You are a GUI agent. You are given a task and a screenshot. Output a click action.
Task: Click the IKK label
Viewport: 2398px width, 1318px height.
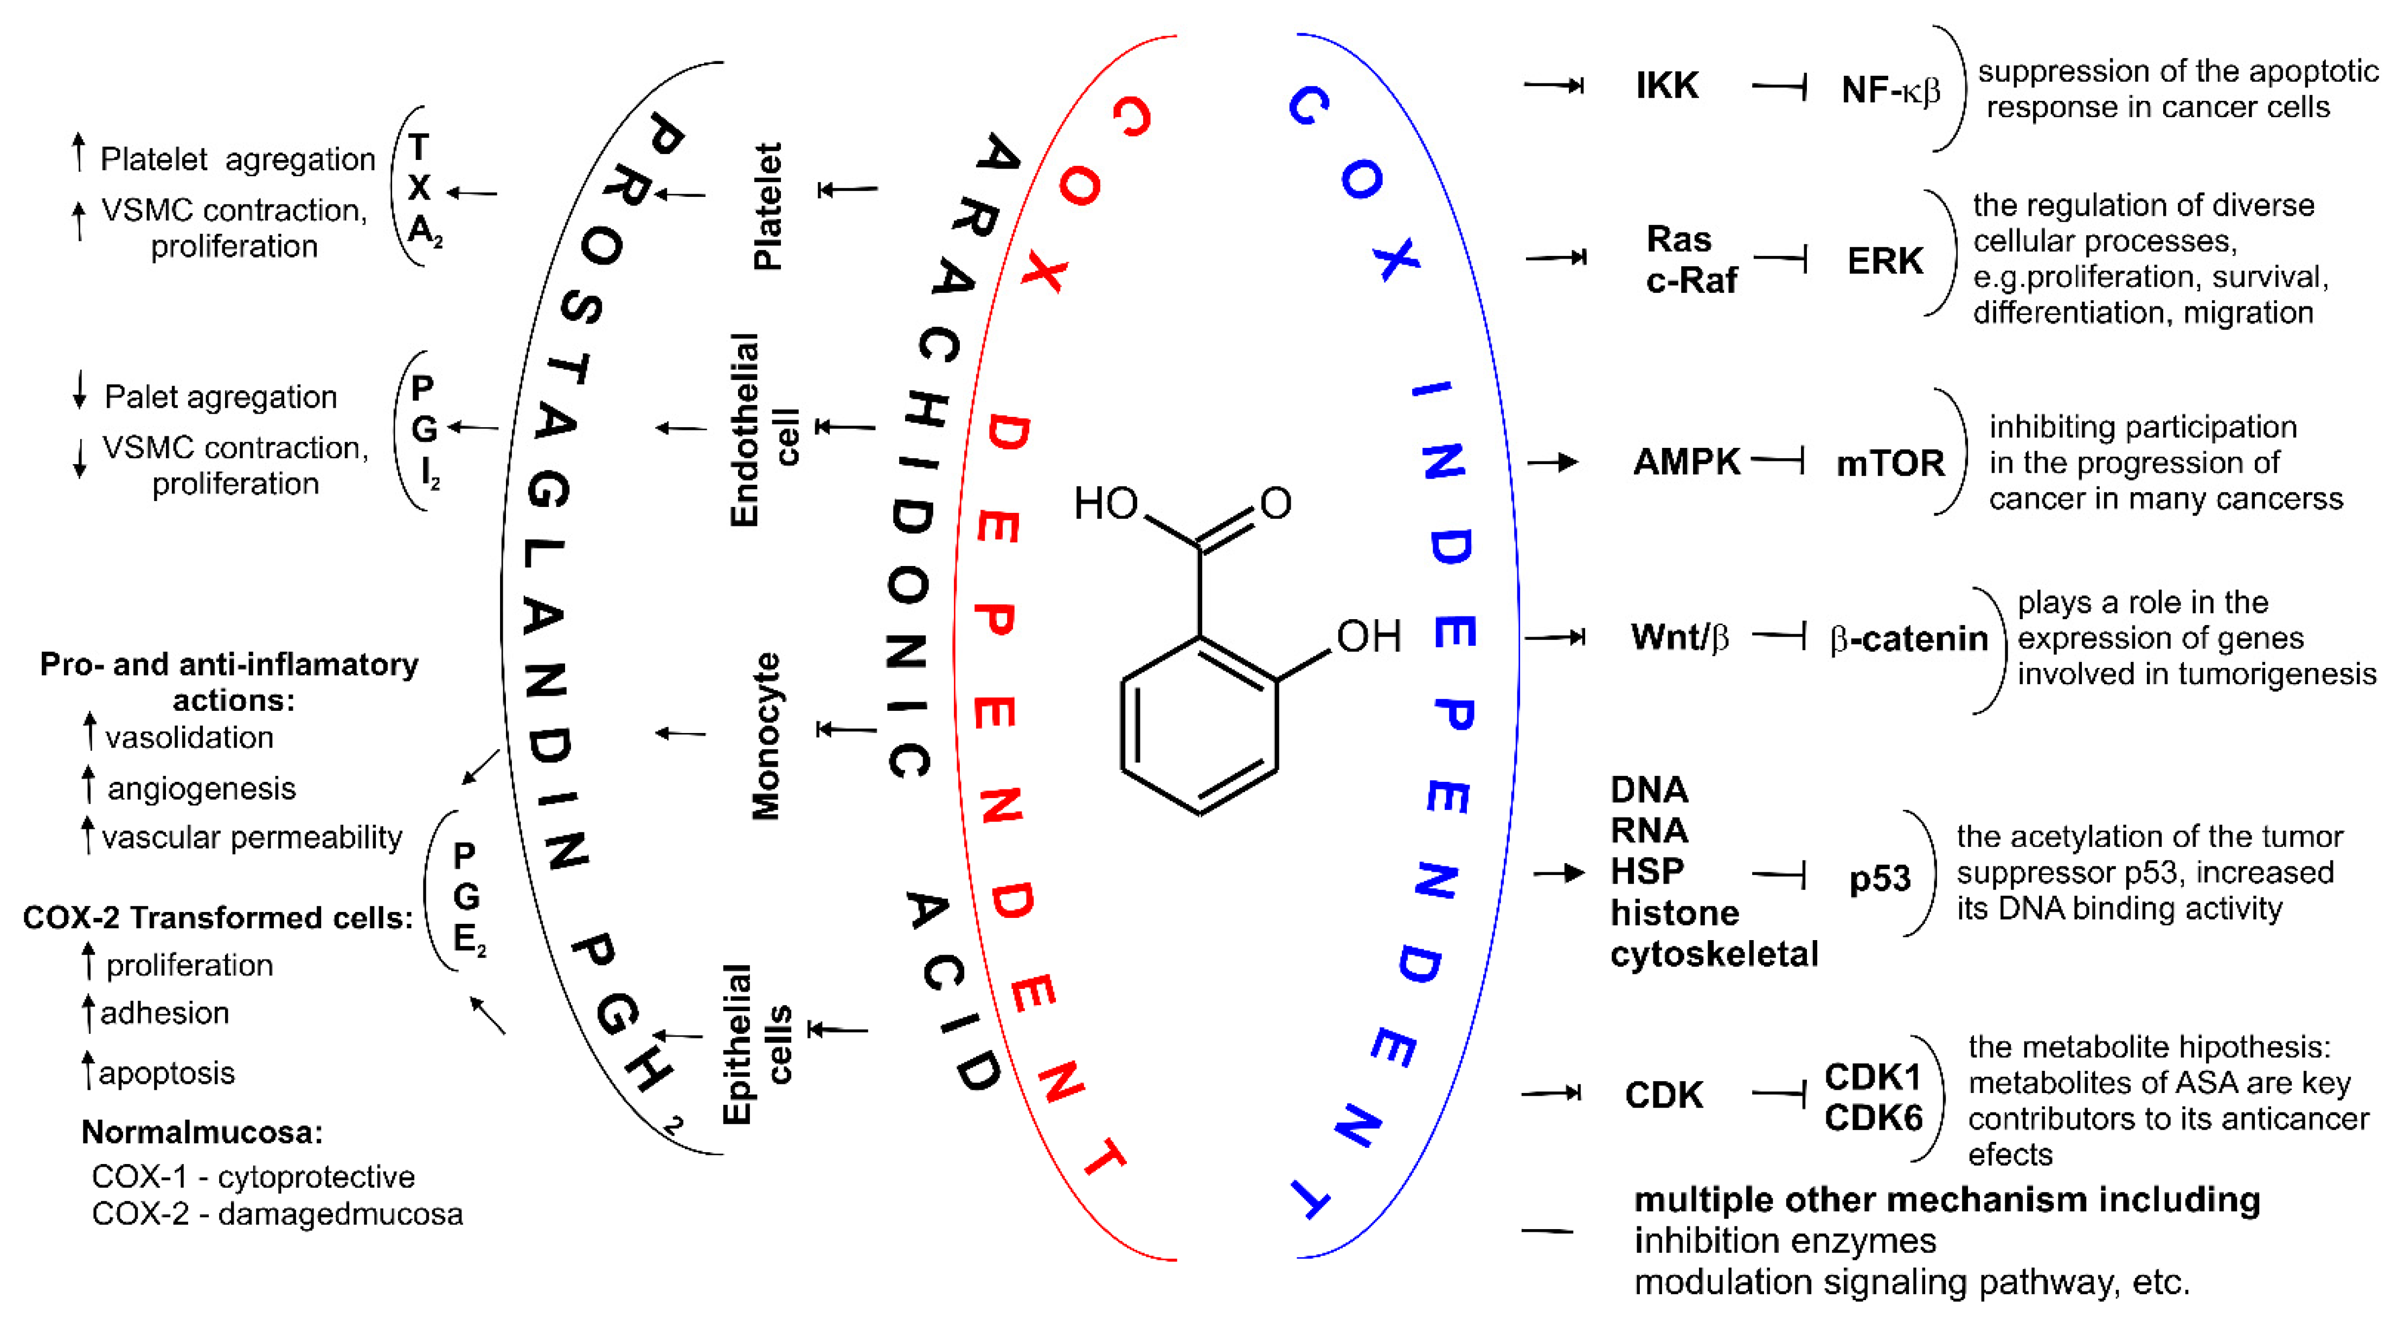coord(1666,86)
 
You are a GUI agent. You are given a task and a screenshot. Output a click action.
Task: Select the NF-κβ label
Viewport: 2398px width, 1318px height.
coord(1890,91)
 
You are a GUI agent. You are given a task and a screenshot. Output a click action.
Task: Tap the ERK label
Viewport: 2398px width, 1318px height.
coord(1884,261)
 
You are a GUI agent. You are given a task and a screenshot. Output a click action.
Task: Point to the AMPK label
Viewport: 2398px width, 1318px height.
coord(1686,462)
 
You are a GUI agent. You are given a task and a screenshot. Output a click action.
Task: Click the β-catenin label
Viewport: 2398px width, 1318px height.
coord(1908,639)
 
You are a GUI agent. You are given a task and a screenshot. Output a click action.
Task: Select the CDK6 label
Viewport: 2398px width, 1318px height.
coord(1873,1117)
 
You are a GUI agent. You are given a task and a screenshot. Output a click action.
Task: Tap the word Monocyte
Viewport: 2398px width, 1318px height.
coord(765,735)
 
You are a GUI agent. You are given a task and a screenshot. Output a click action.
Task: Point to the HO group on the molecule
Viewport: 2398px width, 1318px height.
coord(1105,504)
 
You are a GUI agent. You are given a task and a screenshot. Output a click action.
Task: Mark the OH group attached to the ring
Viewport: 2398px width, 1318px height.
coord(1368,637)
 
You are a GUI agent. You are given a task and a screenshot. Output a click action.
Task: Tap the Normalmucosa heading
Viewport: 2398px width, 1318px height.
coord(202,1132)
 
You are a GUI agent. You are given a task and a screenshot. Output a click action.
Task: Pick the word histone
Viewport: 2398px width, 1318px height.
coord(1674,913)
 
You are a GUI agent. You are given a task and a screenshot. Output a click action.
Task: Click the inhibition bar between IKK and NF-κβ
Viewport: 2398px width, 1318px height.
coord(1780,87)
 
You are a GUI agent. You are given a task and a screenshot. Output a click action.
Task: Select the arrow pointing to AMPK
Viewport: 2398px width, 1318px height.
coord(1553,462)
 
